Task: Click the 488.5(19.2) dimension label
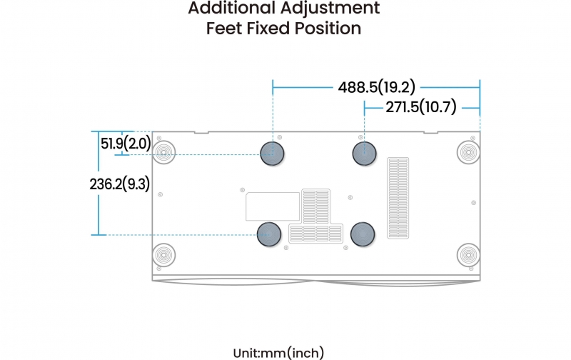point(377,87)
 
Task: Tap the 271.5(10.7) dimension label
point(421,107)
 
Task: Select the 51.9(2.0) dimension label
point(126,144)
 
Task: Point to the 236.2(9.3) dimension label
point(120,184)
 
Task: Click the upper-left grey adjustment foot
point(273,154)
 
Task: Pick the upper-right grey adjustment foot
point(365,154)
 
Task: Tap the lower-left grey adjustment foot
point(269,234)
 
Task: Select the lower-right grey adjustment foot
point(363,234)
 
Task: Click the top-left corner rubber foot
point(164,152)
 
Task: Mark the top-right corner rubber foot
point(469,152)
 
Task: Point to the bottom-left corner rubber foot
point(164,255)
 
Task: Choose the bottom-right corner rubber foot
point(469,255)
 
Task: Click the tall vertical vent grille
point(398,198)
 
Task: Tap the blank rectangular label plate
point(273,206)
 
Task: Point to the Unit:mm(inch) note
point(278,353)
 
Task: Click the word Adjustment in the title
point(330,9)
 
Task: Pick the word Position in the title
point(328,29)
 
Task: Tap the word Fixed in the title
point(268,29)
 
